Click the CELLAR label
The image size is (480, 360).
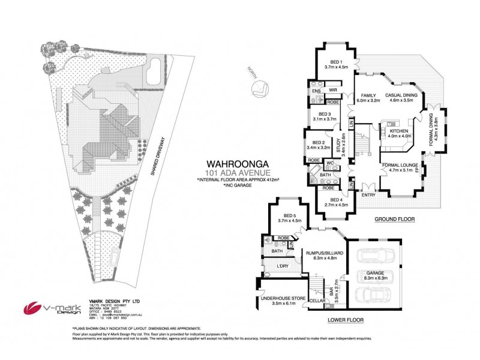(317, 300)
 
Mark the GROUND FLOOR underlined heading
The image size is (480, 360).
(394, 219)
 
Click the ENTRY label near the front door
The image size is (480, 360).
(368, 194)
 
